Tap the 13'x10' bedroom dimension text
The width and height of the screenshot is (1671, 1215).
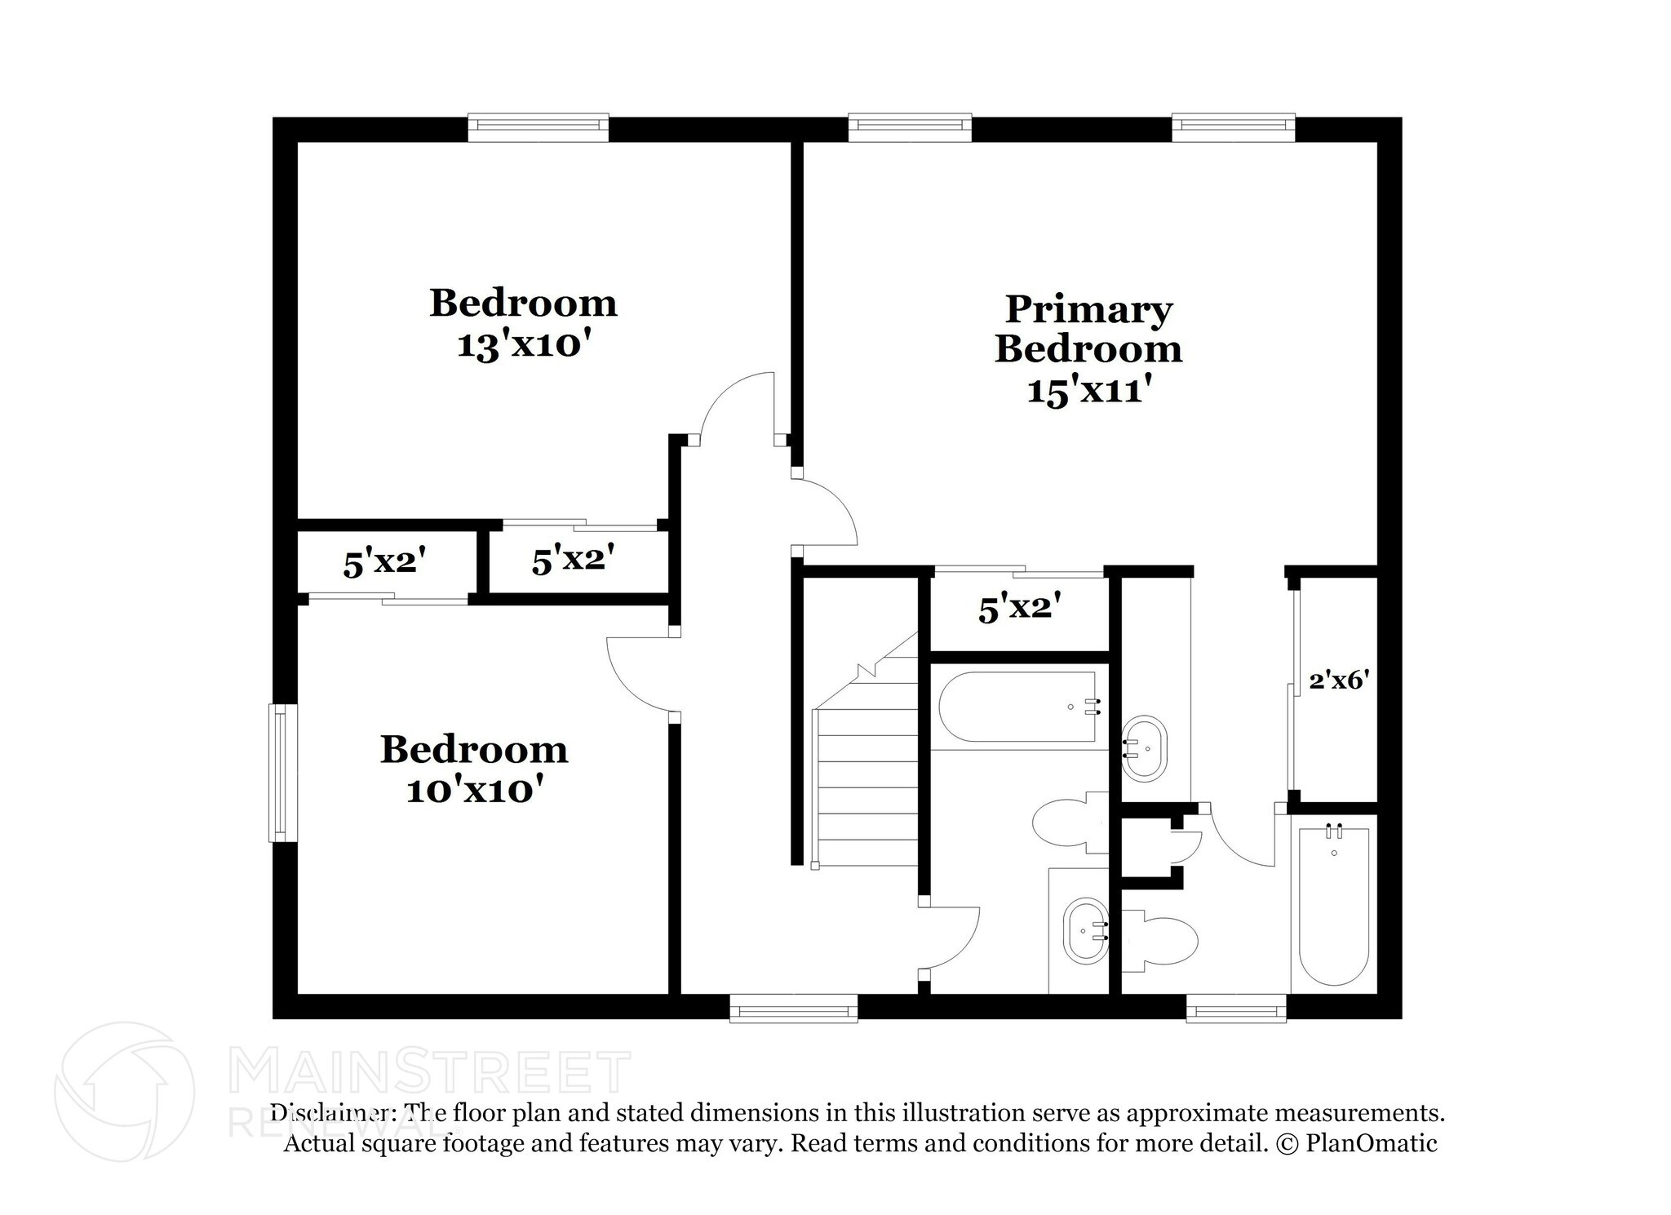click(x=523, y=345)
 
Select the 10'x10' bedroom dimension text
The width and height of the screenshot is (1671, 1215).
click(x=474, y=790)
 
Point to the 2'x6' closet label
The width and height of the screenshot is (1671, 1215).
click(x=1337, y=680)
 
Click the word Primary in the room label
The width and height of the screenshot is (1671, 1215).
click(x=1088, y=310)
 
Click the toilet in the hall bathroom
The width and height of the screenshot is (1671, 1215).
click(x=1069, y=823)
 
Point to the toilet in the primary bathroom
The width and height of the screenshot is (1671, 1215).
click(x=1159, y=943)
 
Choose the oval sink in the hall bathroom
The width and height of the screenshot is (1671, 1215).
click(x=1085, y=931)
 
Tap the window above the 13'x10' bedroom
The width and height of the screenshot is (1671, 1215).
click(x=539, y=126)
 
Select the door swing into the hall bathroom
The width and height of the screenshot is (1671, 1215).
click(x=951, y=938)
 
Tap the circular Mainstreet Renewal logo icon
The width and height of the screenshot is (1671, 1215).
click(x=124, y=1091)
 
